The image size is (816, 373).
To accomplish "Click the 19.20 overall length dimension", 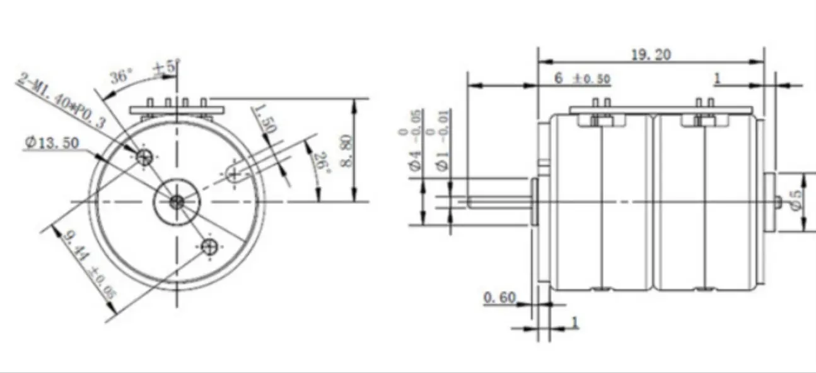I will point(651,55).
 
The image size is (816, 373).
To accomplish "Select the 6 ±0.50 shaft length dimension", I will point(582,78).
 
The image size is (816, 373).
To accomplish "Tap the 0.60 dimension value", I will point(499,297).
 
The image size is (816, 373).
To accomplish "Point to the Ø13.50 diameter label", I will point(52,143).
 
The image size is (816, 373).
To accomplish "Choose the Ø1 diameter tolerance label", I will point(444,143).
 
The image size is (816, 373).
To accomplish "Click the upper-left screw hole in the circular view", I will point(145,157).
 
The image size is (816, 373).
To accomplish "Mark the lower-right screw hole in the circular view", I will point(209,247).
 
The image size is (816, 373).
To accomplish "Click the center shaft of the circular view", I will point(177,201).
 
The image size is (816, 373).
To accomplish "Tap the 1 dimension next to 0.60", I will point(574,322).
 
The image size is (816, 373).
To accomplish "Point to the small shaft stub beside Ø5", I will point(779,201).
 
